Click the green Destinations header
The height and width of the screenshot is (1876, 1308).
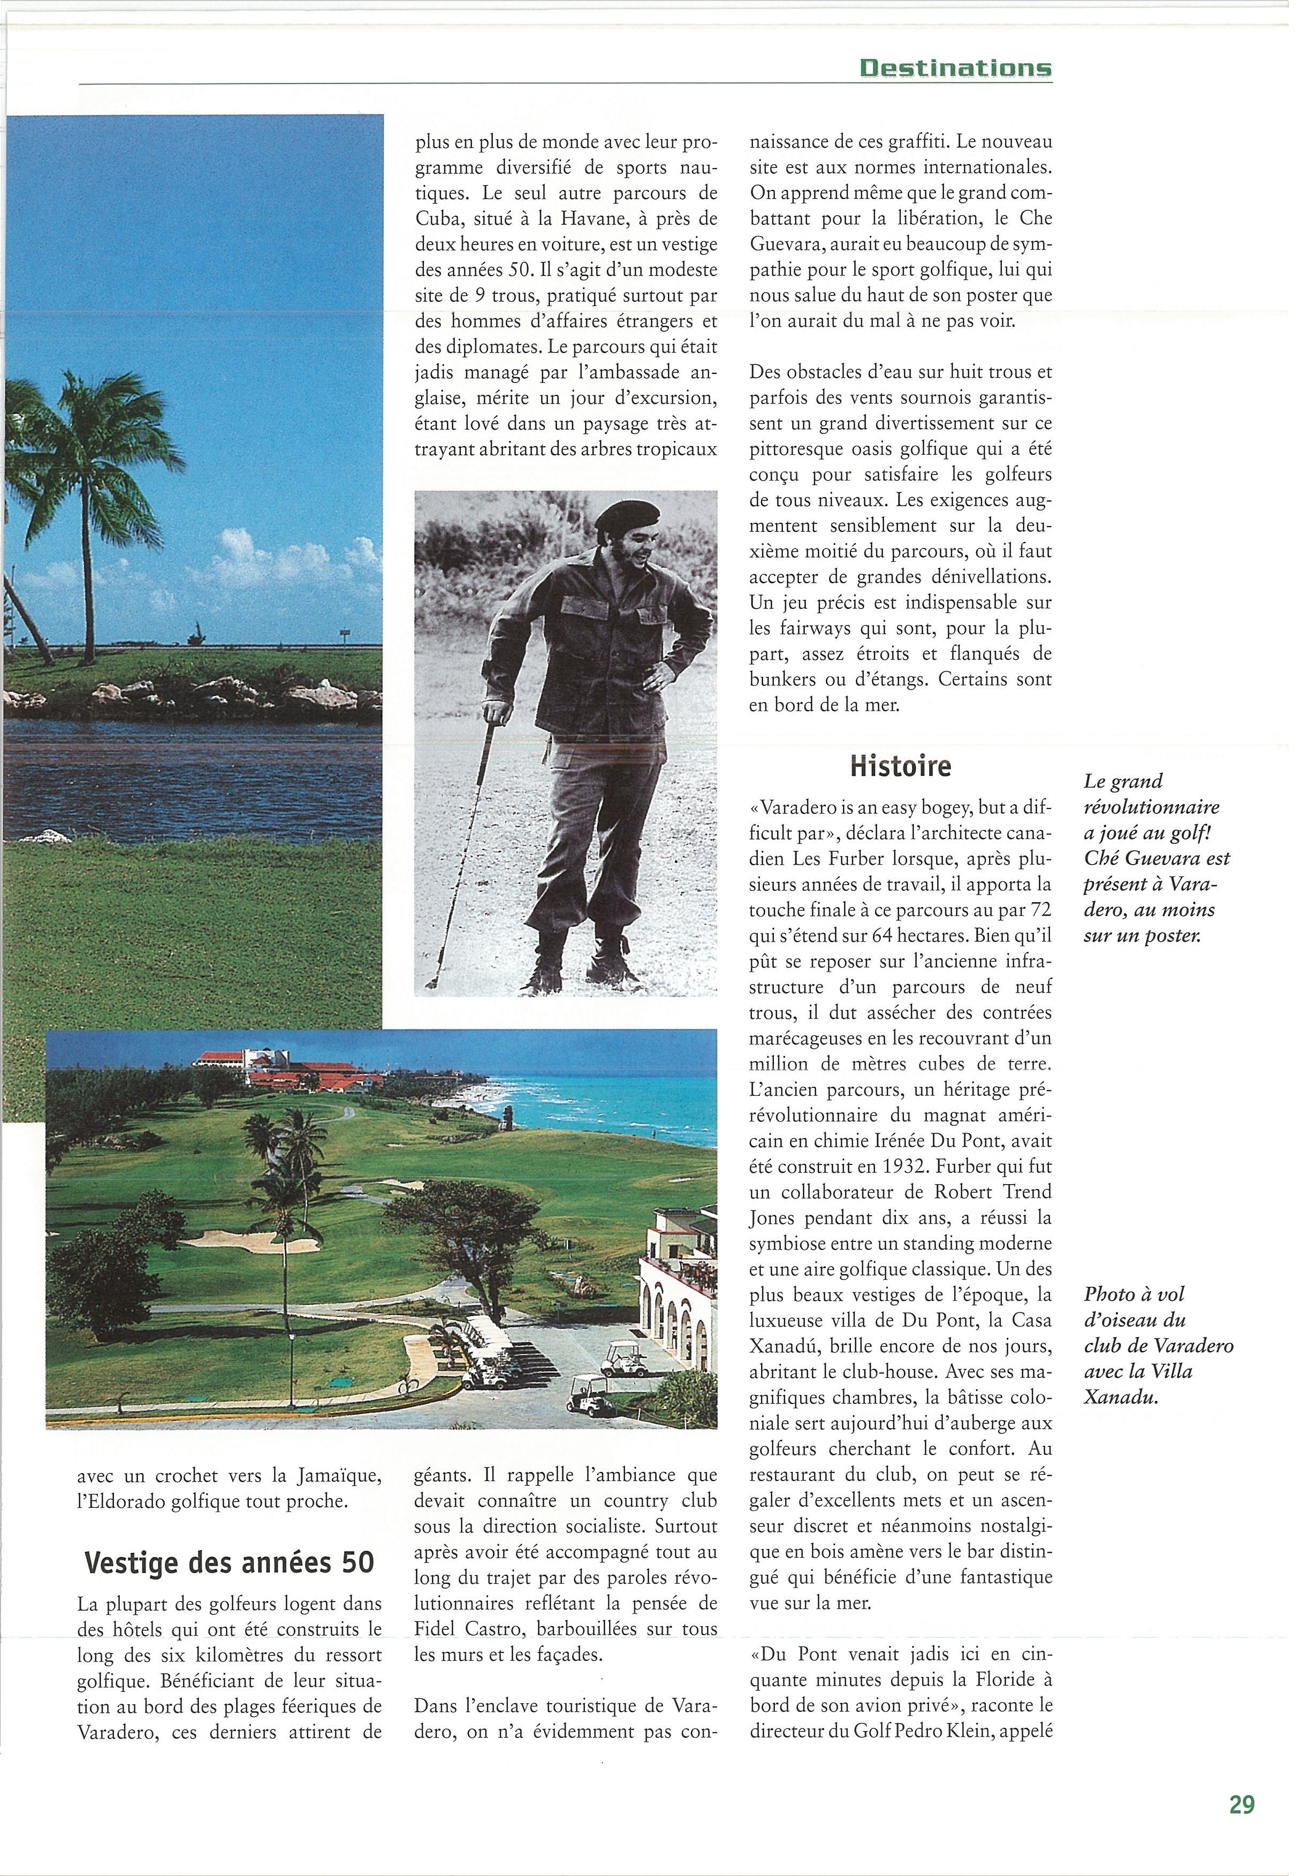point(955,68)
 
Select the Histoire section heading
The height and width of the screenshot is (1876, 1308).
point(900,766)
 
